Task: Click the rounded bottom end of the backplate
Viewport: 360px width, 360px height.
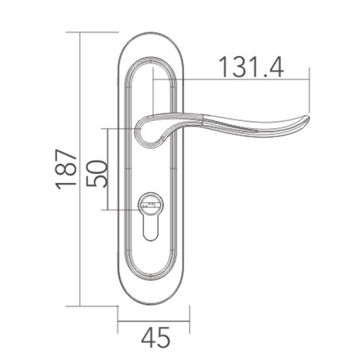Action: [153, 299]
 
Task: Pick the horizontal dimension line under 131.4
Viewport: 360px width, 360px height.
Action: [245, 80]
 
